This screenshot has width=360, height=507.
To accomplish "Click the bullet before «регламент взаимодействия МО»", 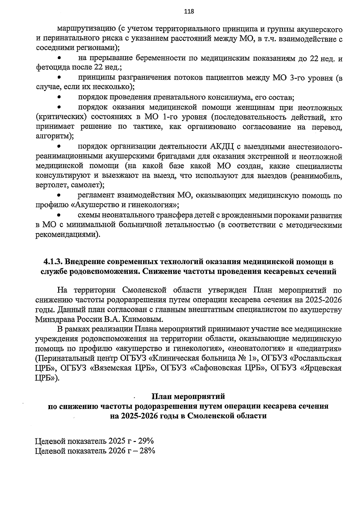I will tap(59, 196).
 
